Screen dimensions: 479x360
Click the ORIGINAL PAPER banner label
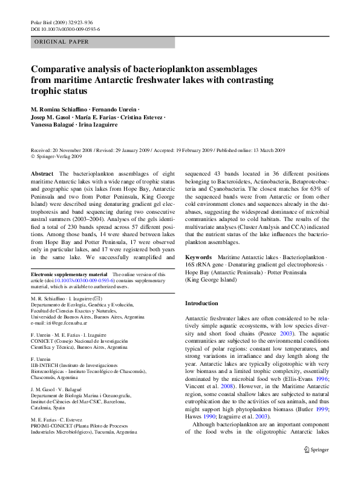coord(62,42)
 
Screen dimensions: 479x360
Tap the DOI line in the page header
coord(65,28)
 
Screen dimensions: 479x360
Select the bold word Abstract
coord(42,173)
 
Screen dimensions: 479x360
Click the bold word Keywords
coord(198,257)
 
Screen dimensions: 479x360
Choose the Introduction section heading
coord(202,303)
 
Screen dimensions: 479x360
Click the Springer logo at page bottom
coord(316,466)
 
